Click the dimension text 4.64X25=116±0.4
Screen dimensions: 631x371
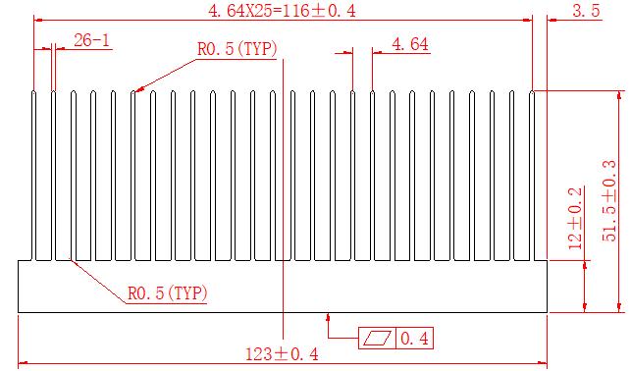282,11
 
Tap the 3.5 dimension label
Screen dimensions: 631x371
586,11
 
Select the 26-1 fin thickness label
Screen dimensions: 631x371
91,40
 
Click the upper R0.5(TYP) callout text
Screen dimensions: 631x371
237,49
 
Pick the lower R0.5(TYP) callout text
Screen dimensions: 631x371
168,292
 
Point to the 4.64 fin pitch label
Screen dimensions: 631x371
410,44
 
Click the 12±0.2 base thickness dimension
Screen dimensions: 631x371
575,218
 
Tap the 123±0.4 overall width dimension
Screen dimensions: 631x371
282,354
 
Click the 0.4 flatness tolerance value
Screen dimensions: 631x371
414,339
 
